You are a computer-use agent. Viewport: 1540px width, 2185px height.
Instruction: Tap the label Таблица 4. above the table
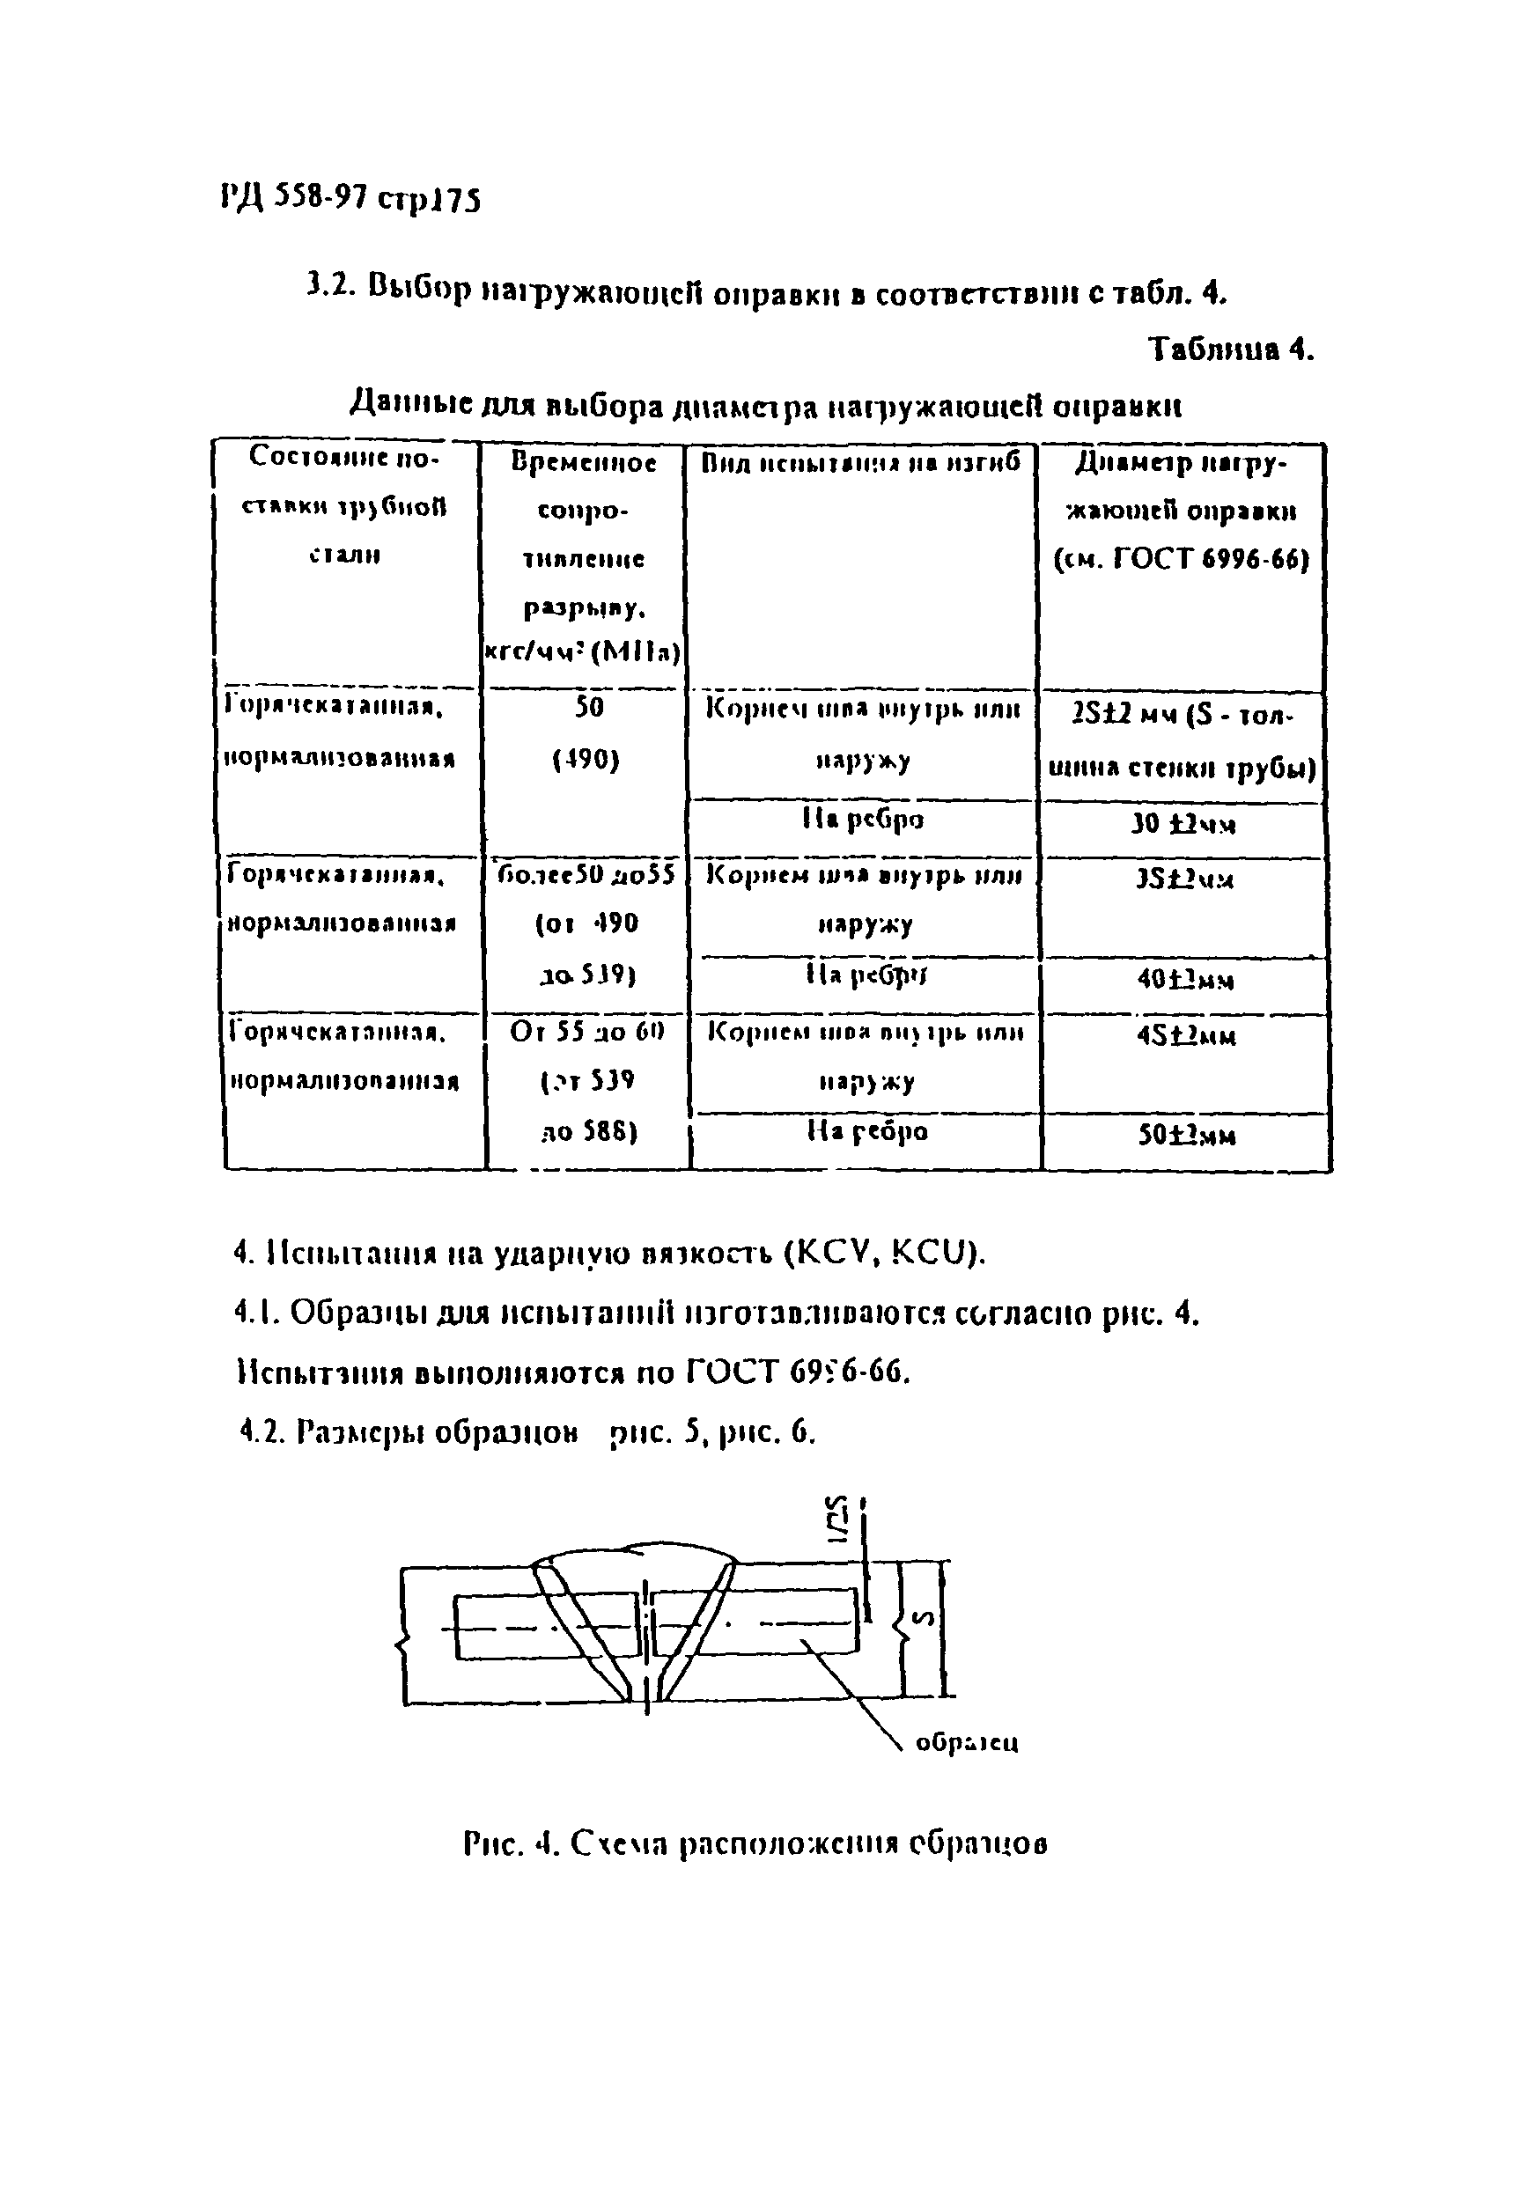(1231, 349)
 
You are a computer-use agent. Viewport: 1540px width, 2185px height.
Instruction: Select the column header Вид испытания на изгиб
(860, 463)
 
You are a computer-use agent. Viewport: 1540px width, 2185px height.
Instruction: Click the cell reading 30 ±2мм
(1183, 824)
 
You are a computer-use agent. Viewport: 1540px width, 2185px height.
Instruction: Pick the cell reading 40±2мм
(1185, 979)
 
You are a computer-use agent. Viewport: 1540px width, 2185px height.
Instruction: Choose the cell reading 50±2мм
(1187, 1136)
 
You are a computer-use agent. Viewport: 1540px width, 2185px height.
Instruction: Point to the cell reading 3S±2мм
(1183, 879)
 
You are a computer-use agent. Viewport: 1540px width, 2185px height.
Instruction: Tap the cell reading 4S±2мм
(1186, 1035)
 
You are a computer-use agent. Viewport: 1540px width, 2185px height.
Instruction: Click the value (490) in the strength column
(586, 761)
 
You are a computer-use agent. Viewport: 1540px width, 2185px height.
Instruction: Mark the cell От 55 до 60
(586, 1032)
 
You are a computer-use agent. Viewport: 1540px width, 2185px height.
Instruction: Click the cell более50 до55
(586, 873)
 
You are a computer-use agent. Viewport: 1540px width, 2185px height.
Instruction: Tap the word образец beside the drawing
(966, 1742)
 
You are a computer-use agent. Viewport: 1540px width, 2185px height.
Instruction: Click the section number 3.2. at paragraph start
(330, 284)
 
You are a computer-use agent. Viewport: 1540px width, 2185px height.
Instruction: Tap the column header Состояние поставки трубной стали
(344, 505)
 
